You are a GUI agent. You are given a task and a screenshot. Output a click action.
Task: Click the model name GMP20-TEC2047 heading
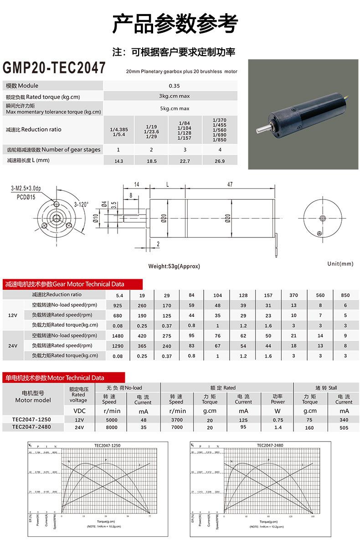pyautogui.click(x=54, y=68)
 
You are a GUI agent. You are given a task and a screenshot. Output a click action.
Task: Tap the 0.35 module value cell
pyautogui.click(x=174, y=86)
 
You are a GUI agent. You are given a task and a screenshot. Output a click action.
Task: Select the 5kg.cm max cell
pyautogui.click(x=174, y=108)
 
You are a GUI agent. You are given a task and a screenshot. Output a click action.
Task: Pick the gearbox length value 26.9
pyautogui.click(x=220, y=161)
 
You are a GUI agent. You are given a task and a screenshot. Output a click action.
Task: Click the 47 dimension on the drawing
pyautogui.click(x=230, y=184)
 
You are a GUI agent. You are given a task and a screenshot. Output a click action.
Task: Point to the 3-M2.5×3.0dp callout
pyautogui.click(x=26, y=188)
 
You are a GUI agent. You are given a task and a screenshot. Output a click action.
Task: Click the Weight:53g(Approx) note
pyautogui.click(x=174, y=266)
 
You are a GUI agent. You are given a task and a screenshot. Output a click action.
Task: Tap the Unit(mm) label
pyautogui.click(x=340, y=264)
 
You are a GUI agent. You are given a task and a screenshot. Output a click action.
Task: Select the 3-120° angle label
pyautogui.click(x=82, y=204)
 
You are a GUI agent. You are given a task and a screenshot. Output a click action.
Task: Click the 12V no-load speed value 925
pyautogui.click(x=118, y=305)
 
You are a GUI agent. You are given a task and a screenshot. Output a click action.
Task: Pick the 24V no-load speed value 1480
pyautogui.click(x=118, y=336)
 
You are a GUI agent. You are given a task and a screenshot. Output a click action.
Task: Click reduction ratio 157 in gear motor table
pyautogui.click(x=268, y=295)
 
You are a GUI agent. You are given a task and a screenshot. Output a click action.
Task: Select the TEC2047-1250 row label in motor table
pyautogui.click(x=31, y=419)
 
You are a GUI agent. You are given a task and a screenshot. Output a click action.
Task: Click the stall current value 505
pyautogui.click(x=344, y=428)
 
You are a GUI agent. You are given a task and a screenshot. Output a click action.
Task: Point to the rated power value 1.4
pyautogui.click(x=278, y=428)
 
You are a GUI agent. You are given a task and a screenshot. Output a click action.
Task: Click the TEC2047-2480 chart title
pyautogui.click(x=270, y=445)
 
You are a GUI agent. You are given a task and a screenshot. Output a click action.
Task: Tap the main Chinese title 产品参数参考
pyautogui.click(x=175, y=24)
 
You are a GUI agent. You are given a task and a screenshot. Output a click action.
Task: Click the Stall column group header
pyautogui.click(x=326, y=388)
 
